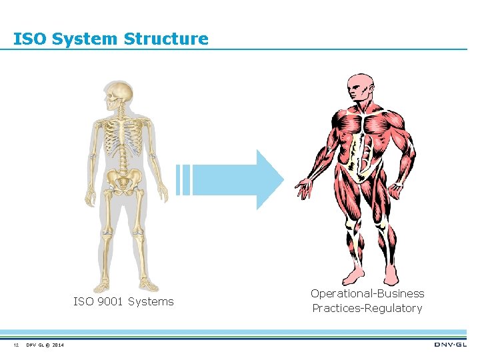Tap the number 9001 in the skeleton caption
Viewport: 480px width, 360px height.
tap(108, 301)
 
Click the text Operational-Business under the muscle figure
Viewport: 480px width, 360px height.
tap(367, 293)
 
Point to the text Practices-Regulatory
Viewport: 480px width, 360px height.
tap(367, 308)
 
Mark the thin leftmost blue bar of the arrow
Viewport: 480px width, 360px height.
tap(178, 179)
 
